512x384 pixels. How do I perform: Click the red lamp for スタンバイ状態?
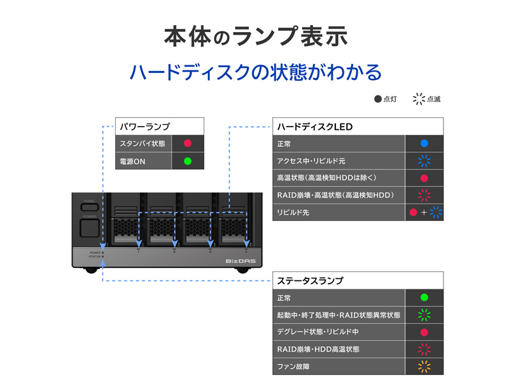pyautogui.click(x=188, y=143)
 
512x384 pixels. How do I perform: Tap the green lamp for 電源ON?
pyautogui.click(x=188, y=161)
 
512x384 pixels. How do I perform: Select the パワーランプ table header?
pyautogui.click(x=159, y=126)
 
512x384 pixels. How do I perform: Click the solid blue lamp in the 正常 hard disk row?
pyautogui.click(x=424, y=144)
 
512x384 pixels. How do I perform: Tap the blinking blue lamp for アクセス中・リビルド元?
pyautogui.click(x=424, y=161)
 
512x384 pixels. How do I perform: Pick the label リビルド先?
pyautogui.click(x=293, y=212)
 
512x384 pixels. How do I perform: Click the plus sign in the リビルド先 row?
pyautogui.click(x=424, y=212)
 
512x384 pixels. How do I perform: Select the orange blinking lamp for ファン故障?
pyautogui.click(x=424, y=367)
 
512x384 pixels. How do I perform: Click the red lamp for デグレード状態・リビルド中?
pyautogui.click(x=424, y=332)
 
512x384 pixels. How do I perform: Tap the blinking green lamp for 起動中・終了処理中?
pyautogui.click(x=424, y=315)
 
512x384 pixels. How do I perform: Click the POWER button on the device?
pyautogui.click(x=90, y=226)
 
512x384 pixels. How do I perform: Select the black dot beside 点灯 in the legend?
pyautogui.click(x=378, y=99)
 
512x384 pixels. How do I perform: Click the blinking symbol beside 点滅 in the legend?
pyautogui.click(x=419, y=99)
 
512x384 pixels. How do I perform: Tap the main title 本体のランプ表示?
pyautogui.click(x=256, y=36)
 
